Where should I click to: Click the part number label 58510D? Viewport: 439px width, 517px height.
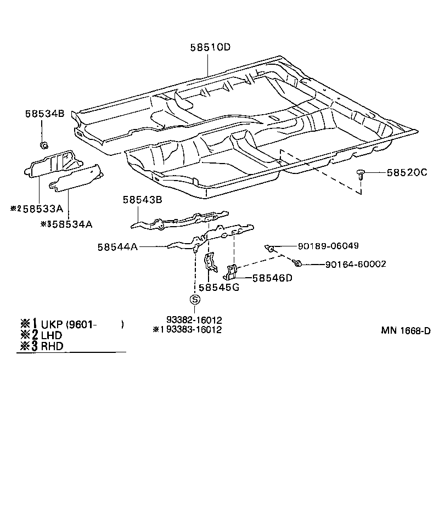pos(210,48)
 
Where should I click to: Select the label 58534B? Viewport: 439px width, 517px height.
pos(44,114)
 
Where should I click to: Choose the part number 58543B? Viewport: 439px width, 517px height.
pos(142,200)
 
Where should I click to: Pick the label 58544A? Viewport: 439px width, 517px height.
pos(118,247)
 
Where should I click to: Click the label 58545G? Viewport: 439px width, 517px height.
pos(218,287)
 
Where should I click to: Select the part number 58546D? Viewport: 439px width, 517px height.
pos(272,278)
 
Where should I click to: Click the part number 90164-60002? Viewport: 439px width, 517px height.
pos(355,264)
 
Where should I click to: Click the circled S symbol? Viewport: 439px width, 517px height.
pos(195,299)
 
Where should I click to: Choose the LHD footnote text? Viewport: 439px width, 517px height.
pos(52,335)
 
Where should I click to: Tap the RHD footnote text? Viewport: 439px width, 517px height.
pos(52,346)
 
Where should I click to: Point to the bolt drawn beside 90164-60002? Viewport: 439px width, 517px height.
pos(297,263)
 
